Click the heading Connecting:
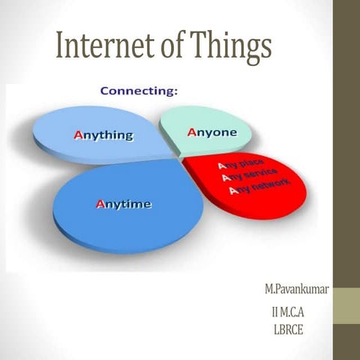139,91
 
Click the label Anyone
211,132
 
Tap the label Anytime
124,204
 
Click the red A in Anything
78,136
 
